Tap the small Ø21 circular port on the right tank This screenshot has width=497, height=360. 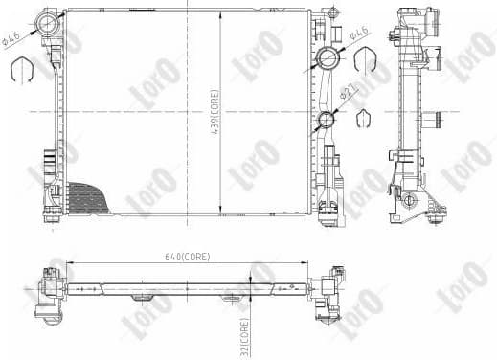coord(326,120)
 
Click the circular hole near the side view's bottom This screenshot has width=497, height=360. coord(411,200)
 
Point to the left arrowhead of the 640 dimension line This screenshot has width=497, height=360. coord(71,264)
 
